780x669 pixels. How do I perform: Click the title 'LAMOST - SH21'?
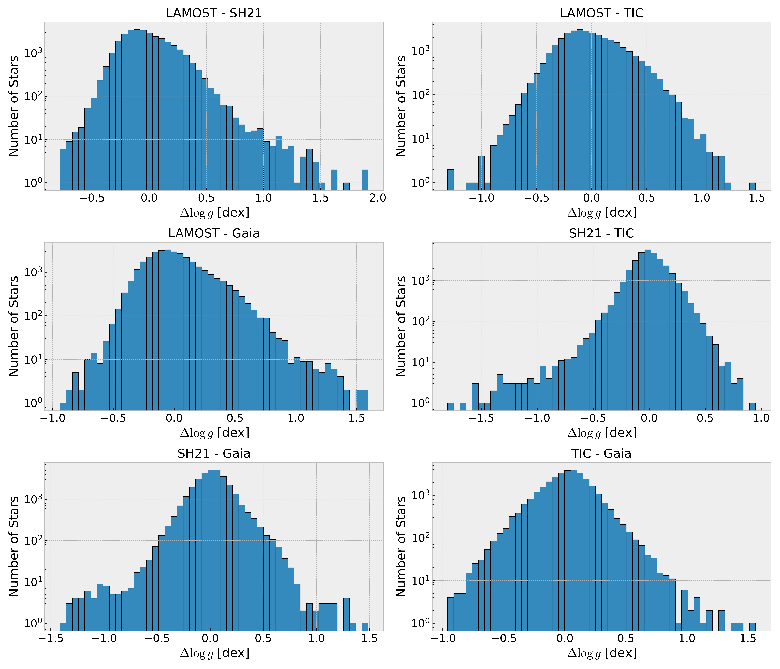[x=214, y=13]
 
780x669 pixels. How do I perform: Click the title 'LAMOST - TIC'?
[x=602, y=13]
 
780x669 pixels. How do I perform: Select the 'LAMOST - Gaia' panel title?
[x=214, y=234]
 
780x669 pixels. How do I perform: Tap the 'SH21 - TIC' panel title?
[x=602, y=234]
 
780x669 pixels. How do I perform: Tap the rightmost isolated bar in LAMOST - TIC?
[x=752, y=186]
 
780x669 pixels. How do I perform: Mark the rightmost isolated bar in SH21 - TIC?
[x=752, y=406]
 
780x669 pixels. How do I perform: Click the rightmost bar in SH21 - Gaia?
[x=365, y=626]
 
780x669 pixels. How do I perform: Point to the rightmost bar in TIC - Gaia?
[x=752, y=626]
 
